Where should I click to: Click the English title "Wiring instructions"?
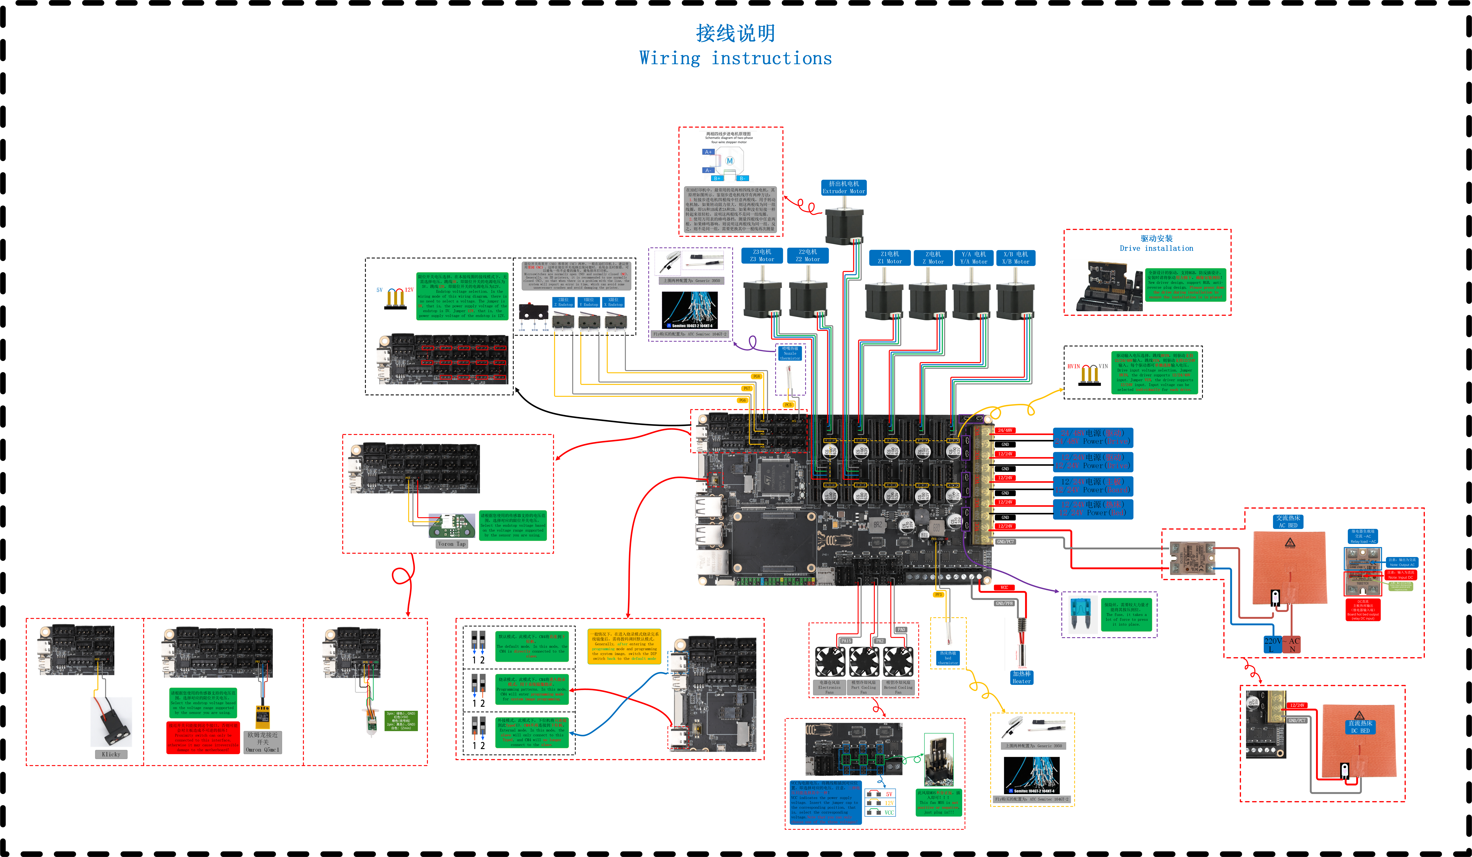click(x=735, y=58)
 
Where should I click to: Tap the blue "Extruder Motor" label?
click(x=843, y=187)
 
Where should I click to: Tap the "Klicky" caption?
click(x=111, y=754)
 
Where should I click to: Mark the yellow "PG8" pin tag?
click(x=756, y=376)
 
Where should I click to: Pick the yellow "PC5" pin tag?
click(x=788, y=404)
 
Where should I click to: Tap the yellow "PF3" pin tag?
click(x=938, y=595)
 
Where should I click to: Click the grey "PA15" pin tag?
click(x=846, y=641)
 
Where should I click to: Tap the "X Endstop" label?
click(x=613, y=302)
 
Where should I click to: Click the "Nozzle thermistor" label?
click(x=790, y=353)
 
